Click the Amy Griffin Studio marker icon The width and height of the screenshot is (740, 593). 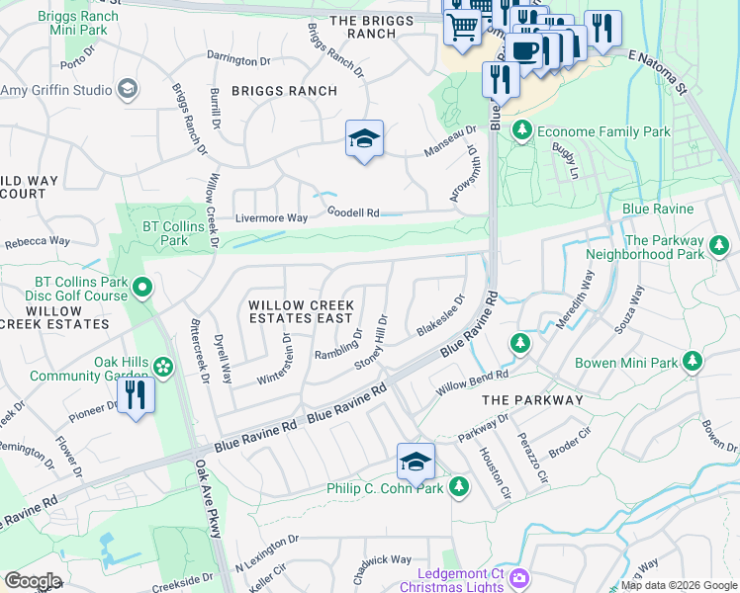127,90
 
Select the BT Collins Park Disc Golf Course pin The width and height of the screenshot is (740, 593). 141,289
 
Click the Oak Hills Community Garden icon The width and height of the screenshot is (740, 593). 163,368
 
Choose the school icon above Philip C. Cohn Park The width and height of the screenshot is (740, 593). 416,462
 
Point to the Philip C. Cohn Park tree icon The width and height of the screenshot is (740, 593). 458,486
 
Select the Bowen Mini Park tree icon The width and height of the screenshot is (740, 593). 694,362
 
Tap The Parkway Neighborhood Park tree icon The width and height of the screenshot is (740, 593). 719,246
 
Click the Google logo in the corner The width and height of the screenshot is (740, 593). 33,580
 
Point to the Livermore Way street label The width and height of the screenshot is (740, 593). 271,217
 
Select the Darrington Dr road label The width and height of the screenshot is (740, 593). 238,61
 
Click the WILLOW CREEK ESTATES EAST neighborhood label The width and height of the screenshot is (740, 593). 301,311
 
